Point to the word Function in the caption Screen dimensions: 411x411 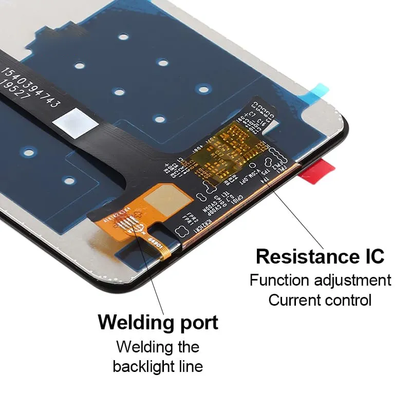point(280,281)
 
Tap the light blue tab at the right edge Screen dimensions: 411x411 point(319,91)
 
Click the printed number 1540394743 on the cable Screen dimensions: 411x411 point(30,87)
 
